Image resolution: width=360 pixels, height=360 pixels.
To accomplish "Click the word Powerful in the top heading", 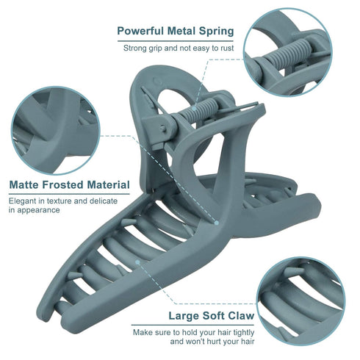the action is (x=140, y=31).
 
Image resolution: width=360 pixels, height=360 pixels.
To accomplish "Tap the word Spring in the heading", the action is (x=216, y=32).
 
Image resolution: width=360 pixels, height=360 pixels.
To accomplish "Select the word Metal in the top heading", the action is (x=181, y=31).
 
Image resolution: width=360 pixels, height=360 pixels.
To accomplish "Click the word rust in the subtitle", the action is (x=227, y=48).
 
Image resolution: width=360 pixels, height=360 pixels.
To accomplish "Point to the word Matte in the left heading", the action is (x=24, y=184).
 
